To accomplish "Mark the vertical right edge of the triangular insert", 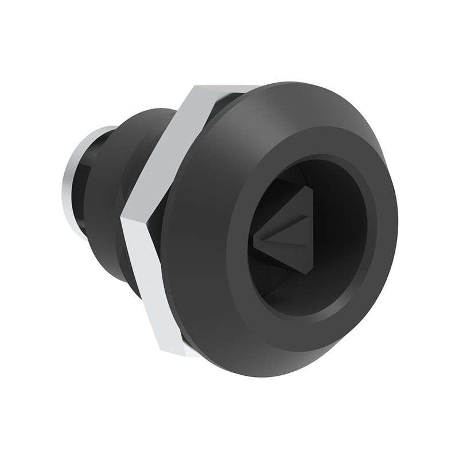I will click(x=310, y=229).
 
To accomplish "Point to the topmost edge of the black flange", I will click(x=310, y=83).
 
